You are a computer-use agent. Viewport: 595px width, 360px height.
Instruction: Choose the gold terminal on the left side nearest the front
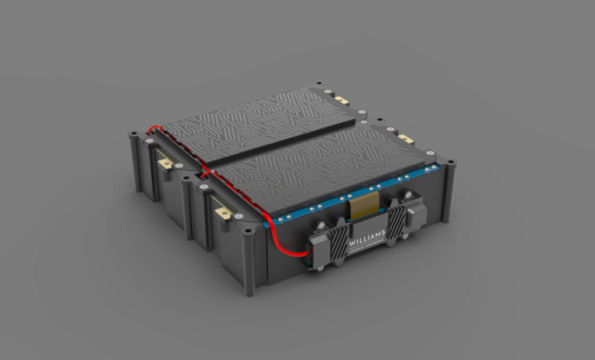point(222,211)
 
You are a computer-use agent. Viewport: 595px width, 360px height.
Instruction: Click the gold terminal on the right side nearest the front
point(404,139)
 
